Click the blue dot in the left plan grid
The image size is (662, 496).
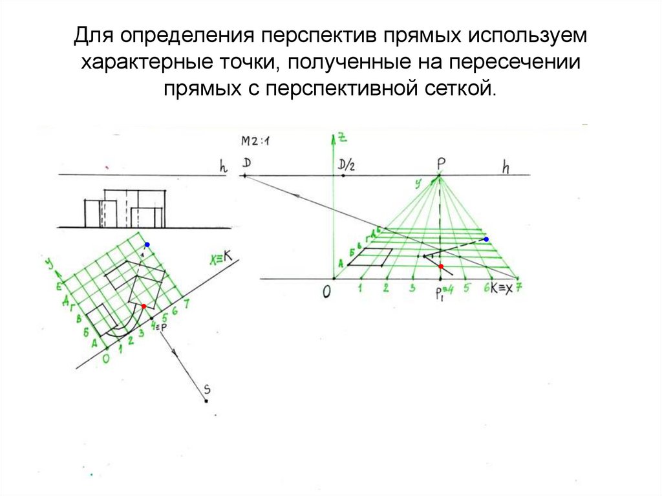147,244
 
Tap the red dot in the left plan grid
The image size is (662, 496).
144,306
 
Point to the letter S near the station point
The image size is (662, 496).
207,389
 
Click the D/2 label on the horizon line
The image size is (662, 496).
347,166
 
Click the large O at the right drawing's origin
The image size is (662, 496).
327,292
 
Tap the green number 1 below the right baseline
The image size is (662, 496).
360,288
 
